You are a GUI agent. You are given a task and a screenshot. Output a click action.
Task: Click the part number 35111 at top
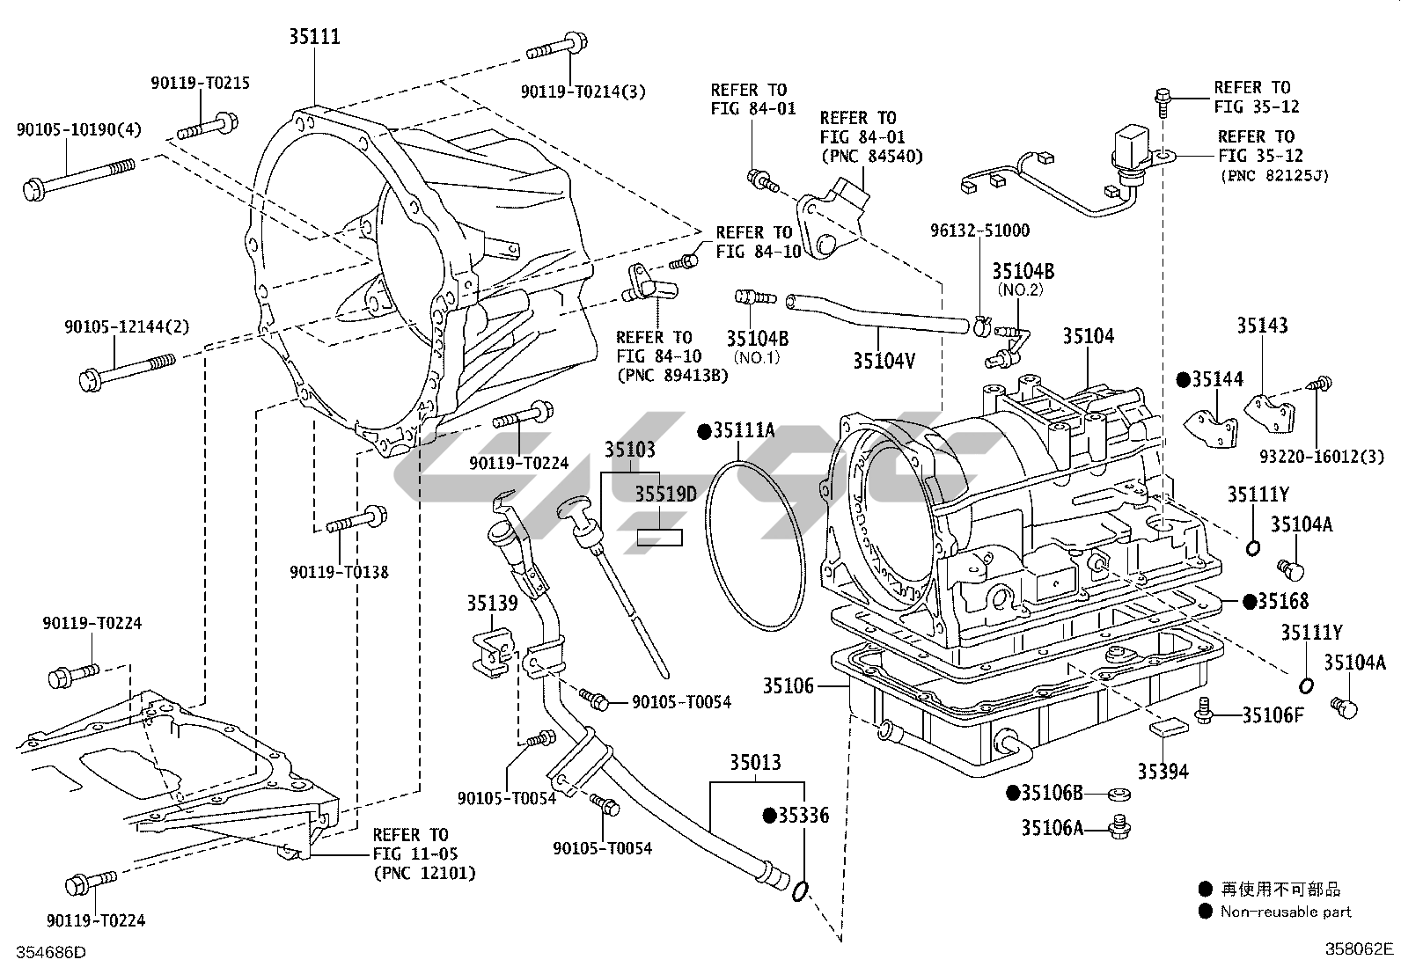(x=314, y=37)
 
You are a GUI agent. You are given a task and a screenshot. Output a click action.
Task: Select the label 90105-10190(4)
(x=78, y=129)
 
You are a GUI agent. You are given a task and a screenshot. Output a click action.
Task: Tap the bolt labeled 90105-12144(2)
(x=127, y=370)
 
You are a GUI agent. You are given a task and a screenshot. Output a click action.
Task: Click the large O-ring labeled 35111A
(x=757, y=546)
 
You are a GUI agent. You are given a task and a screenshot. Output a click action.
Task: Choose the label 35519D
(x=665, y=494)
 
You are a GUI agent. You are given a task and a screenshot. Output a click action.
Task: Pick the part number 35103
(x=629, y=450)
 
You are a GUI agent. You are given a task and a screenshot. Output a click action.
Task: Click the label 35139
(x=492, y=603)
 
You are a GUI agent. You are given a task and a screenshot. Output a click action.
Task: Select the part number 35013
(x=754, y=762)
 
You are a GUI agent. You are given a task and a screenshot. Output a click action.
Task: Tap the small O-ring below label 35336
(x=800, y=892)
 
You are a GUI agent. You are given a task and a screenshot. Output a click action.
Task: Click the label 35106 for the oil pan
(x=789, y=685)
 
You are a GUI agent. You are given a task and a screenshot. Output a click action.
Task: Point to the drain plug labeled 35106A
(x=1120, y=826)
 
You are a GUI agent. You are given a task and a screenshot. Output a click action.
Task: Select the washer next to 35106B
(x=1119, y=795)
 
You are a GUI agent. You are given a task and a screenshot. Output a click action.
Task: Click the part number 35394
(x=1163, y=771)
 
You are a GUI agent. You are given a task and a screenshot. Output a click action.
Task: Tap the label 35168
(x=1282, y=601)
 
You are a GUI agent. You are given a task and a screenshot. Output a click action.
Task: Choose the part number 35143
(x=1262, y=325)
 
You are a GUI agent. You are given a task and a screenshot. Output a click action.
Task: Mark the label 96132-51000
(x=980, y=231)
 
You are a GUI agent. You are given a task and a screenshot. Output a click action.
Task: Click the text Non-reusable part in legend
(x=1286, y=912)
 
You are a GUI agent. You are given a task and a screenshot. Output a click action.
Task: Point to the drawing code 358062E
(x=1361, y=949)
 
